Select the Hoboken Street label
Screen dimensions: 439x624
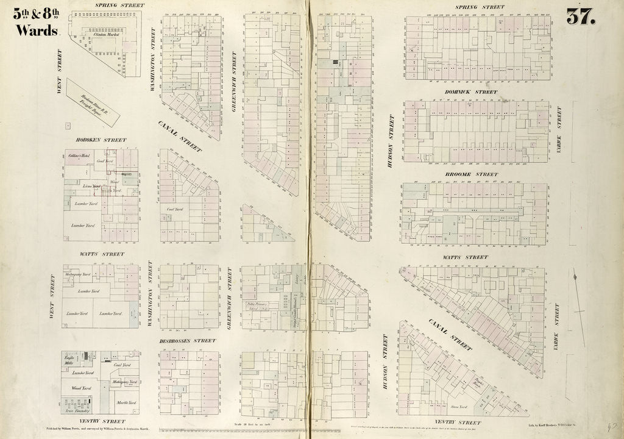(101, 140)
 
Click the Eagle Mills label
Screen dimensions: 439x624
(71, 359)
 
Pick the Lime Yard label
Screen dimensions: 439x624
(91, 185)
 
